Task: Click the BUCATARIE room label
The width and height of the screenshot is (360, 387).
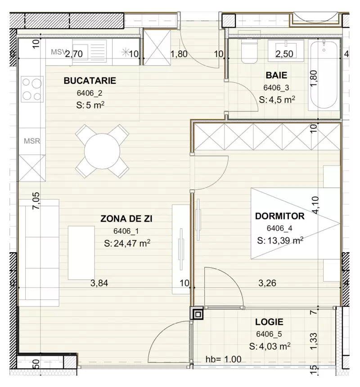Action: click(90, 81)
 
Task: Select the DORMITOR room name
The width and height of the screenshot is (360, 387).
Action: click(279, 216)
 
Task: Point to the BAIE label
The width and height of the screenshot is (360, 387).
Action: click(276, 76)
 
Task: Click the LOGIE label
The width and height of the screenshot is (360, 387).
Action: click(269, 322)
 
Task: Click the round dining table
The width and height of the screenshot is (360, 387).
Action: click(102, 151)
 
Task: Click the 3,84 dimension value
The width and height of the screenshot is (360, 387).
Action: click(99, 283)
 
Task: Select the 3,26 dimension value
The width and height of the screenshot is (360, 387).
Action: click(267, 283)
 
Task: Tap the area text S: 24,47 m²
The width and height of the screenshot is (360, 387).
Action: click(126, 244)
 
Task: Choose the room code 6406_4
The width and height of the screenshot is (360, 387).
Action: click(279, 228)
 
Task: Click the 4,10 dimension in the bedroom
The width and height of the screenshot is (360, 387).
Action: click(315, 204)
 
